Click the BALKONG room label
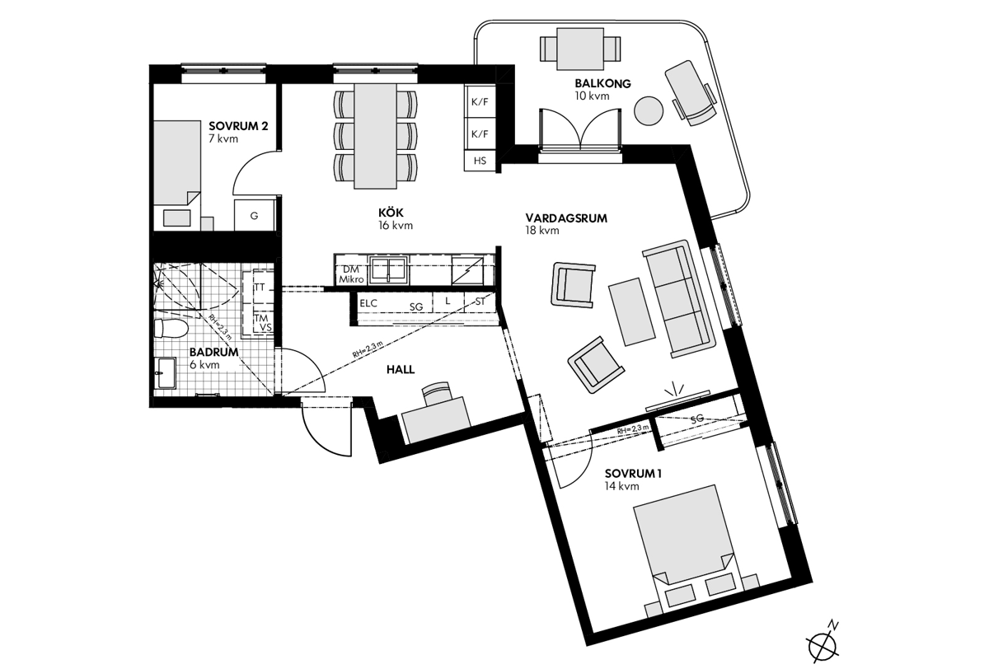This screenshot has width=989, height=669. (x=602, y=83)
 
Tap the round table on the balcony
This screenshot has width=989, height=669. (x=648, y=111)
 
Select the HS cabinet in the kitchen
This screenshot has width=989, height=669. (x=480, y=161)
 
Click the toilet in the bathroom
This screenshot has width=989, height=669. (x=171, y=329)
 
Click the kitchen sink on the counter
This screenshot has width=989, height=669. (x=388, y=269)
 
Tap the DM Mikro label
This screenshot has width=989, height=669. (x=351, y=274)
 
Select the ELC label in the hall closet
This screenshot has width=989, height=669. (x=368, y=303)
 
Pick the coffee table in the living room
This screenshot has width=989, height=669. (x=631, y=311)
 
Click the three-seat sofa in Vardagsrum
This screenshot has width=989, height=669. (x=678, y=299)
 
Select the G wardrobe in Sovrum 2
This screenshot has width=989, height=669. (x=255, y=215)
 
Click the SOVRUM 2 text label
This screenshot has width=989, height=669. (x=238, y=126)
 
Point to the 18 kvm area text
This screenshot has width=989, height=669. (x=542, y=230)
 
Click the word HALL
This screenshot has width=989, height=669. (x=401, y=369)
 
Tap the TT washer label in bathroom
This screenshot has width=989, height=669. (x=260, y=288)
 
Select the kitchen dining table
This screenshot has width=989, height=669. (x=375, y=136)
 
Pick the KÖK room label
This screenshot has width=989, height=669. (x=391, y=213)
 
